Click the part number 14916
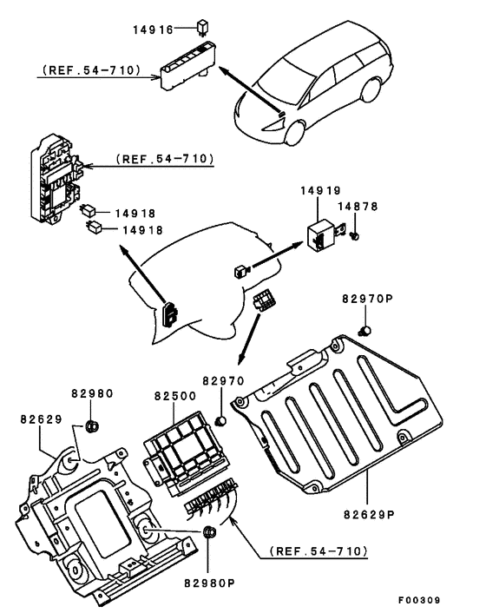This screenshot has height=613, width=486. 153,30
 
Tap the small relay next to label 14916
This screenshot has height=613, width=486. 203,27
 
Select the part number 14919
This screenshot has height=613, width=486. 320,191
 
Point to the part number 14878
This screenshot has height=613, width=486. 358,207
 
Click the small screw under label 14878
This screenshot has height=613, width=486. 355,236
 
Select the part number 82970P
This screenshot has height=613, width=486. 368,299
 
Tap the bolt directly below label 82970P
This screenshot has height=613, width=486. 364,331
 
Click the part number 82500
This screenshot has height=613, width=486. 175,396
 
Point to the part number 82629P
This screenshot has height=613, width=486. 369,515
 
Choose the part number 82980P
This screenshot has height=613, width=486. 209,583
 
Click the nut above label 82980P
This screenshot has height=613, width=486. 210,531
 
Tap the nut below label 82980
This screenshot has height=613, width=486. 92,425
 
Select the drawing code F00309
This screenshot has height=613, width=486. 419,600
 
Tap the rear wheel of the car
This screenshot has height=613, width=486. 371,90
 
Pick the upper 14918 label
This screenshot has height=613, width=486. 135,214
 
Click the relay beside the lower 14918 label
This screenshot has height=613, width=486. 94,227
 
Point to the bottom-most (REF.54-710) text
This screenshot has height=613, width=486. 319,551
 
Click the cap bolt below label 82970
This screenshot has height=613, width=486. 221,421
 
